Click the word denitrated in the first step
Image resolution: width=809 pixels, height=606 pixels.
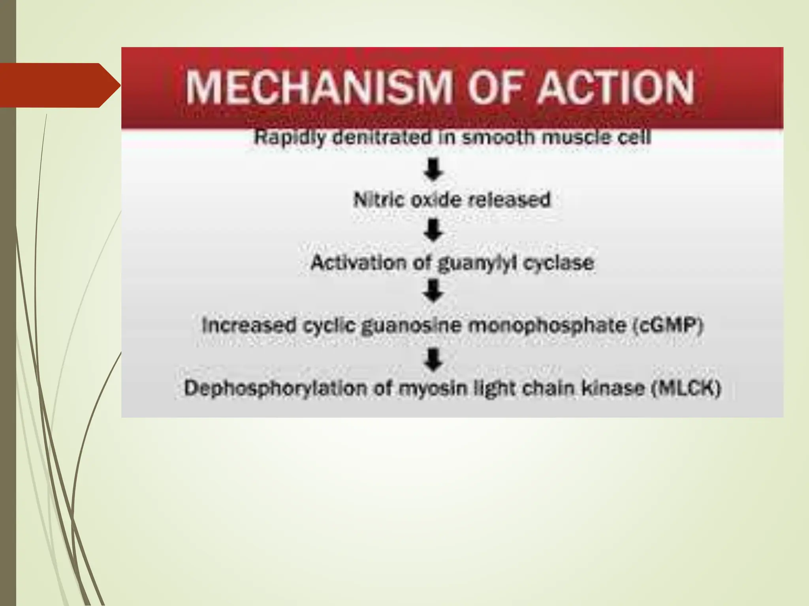coord(382,138)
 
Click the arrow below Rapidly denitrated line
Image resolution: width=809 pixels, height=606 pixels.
coord(434,170)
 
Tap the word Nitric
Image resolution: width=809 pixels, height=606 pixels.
coord(379,200)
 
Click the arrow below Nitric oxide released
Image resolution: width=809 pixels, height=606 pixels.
coord(434,230)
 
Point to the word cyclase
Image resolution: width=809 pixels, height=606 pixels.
coord(559,263)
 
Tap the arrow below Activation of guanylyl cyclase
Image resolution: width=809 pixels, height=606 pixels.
coord(434,291)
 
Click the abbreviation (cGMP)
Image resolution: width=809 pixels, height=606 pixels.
coord(668,326)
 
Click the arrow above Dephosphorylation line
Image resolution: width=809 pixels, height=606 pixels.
coord(434,360)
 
